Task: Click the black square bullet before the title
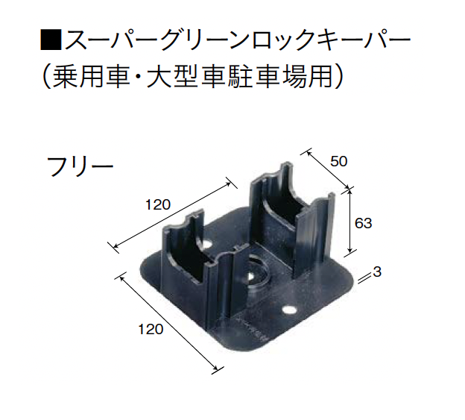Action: pyautogui.click(x=51, y=39)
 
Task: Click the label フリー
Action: pyautogui.click(x=80, y=167)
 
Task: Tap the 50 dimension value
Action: pyautogui.click(x=338, y=162)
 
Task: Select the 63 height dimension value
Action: pyautogui.click(x=364, y=223)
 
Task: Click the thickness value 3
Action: pyautogui.click(x=376, y=272)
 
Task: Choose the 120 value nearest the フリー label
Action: pyautogui.click(x=158, y=205)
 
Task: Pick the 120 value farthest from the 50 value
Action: pyautogui.click(x=151, y=329)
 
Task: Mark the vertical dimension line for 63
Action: pyautogui.click(x=350, y=221)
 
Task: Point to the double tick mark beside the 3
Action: pyautogui.click(x=361, y=279)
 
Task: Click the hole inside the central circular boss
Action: pyautogui.click(x=250, y=276)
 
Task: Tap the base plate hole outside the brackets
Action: pyautogui.click(x=289, y=310)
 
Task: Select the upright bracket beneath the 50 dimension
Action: pyautogui.click(x=292, y=220)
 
